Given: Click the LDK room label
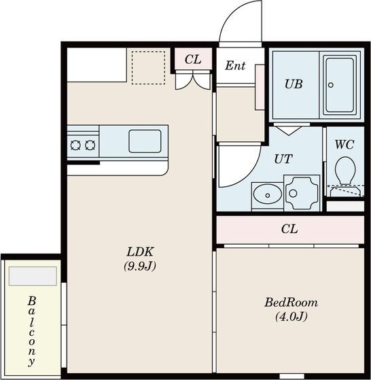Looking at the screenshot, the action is [x=140, y=252].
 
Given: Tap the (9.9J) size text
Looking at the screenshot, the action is [x=140, y=266].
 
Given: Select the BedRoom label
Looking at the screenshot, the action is [x=291, y=303].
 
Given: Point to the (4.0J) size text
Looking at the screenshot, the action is [x=291, y=317].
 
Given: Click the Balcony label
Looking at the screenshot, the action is [x=31, y=331].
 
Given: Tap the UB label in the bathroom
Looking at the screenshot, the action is [x=294, y=84].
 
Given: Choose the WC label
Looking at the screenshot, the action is [x=344, y=145].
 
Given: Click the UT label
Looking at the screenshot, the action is [x=283, y=159].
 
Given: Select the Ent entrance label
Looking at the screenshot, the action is [x=235, y=65].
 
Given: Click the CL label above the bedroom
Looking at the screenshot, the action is [x=289, y=228].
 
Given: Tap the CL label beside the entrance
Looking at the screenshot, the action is [x=193, y=59].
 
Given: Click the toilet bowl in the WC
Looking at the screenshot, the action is [x=345, y=171].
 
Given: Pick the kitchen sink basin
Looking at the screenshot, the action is [x=145, y=141].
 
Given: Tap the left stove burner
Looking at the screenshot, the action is [x=75, y=145].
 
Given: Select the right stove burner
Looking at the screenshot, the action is [x=90, y=145].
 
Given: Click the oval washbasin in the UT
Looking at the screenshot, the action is [x=268, y=194].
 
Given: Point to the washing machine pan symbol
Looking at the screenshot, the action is [x=302, y=193].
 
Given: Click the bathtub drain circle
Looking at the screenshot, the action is [x=331, y=85].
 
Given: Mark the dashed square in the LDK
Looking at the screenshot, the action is [x=148, y=67].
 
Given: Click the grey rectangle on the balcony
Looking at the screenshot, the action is [x=33, y=276].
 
